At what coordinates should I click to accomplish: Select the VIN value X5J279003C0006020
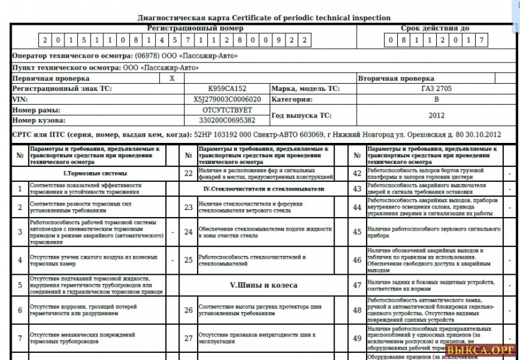pyautogui.click(x=227, y=99)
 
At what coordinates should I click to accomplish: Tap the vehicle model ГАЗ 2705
pyautogui.click(x=436, y=89)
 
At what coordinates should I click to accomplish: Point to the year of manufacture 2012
pyautogui.click(x=436, y=115)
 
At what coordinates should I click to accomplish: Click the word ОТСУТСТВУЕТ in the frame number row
pyautogui.click(x=227, y=110)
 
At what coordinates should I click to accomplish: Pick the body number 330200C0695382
pyautogui.click(x=227, y=120)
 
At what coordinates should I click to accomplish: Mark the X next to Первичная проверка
pyautogui.click(x=172, y=79)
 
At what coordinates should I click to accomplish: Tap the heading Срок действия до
pyautogui.click(x=435, y=29)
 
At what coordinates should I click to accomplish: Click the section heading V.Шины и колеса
pyautogui.click(x=264, y=285)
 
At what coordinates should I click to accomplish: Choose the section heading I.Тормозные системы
pyautogui.click(x=95, y=174)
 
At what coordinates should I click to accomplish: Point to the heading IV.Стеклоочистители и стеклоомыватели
pyautogui.click(x=263, y=189)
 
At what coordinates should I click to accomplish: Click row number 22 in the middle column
pyautogui.click(x=188, y=174)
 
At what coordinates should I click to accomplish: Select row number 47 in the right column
pyautogui.click(x=357, y=285)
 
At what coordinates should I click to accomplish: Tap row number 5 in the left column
pyautogui.click(x=19, y=285)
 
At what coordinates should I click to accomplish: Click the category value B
pyautogui.click(x=436, y=99)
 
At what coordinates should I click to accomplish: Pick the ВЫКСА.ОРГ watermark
pyautogui.click(x=484, y=352)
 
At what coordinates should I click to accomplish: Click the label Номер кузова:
pyautogui.click(x=39, y=120)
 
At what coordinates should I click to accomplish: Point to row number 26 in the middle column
pyautogui.click(x=188, y=310)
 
